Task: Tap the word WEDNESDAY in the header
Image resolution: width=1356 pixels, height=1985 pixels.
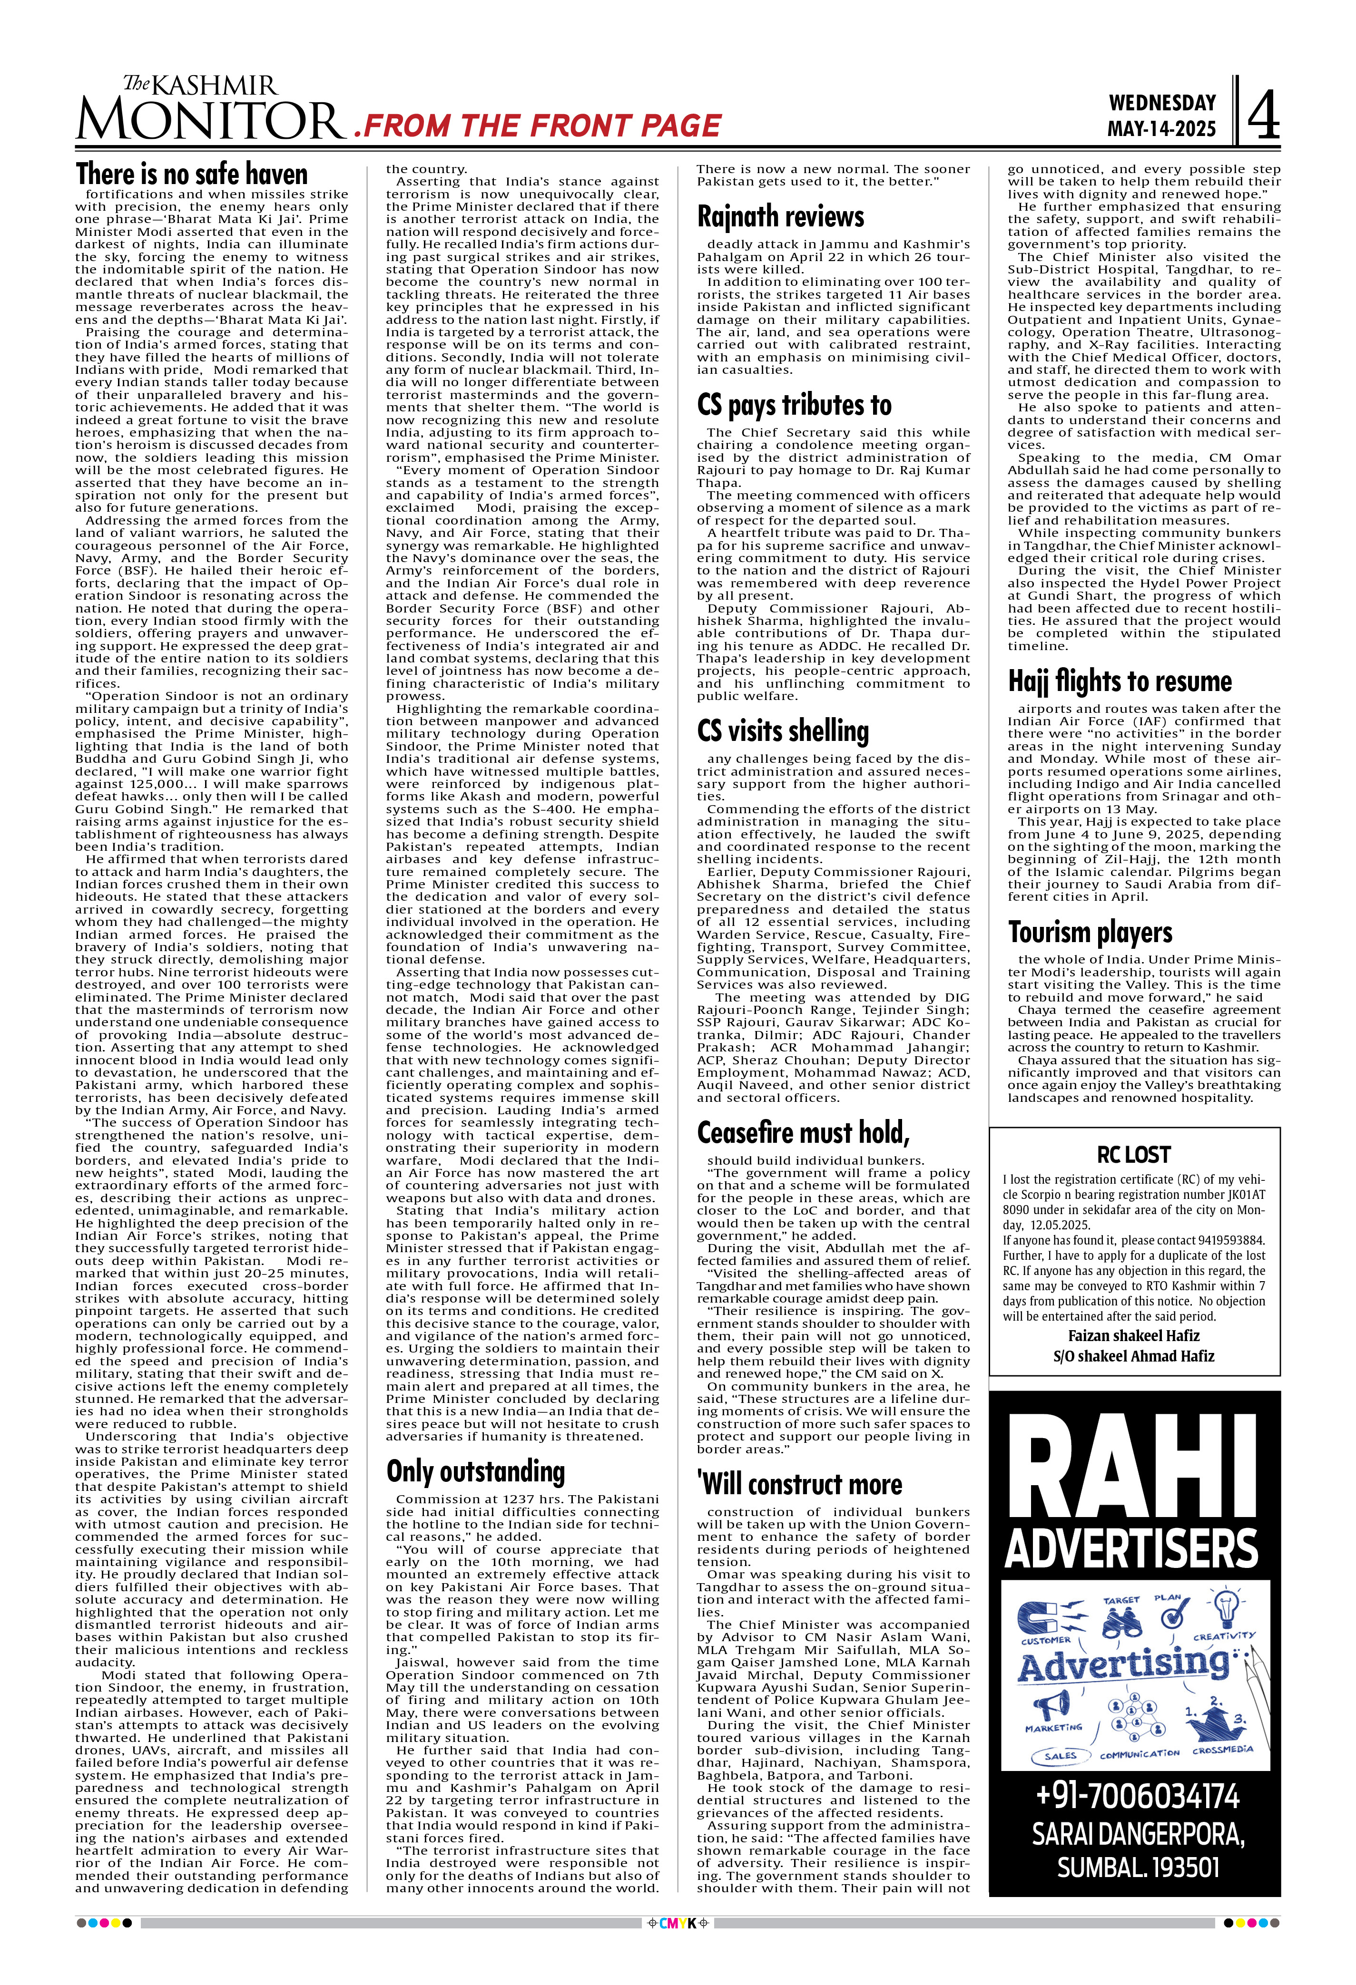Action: [x=1161, y=103]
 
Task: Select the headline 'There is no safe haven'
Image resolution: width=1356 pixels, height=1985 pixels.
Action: [x=191, y=174]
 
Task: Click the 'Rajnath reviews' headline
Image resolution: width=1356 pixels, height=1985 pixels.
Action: [x=780, y=217]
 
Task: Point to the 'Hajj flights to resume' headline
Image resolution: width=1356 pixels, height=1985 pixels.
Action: [x=1120, y=681]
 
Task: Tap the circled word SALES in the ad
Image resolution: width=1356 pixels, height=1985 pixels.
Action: [x=1061, y=1756]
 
